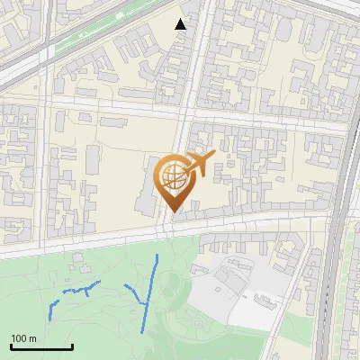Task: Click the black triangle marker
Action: coord(181,24)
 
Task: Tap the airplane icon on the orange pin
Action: coord(200,164)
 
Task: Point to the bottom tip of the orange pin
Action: coord(171,212)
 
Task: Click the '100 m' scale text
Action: coord(23,338)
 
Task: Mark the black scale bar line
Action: coord(41,346)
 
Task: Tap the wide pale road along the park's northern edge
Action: coord(108,236)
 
